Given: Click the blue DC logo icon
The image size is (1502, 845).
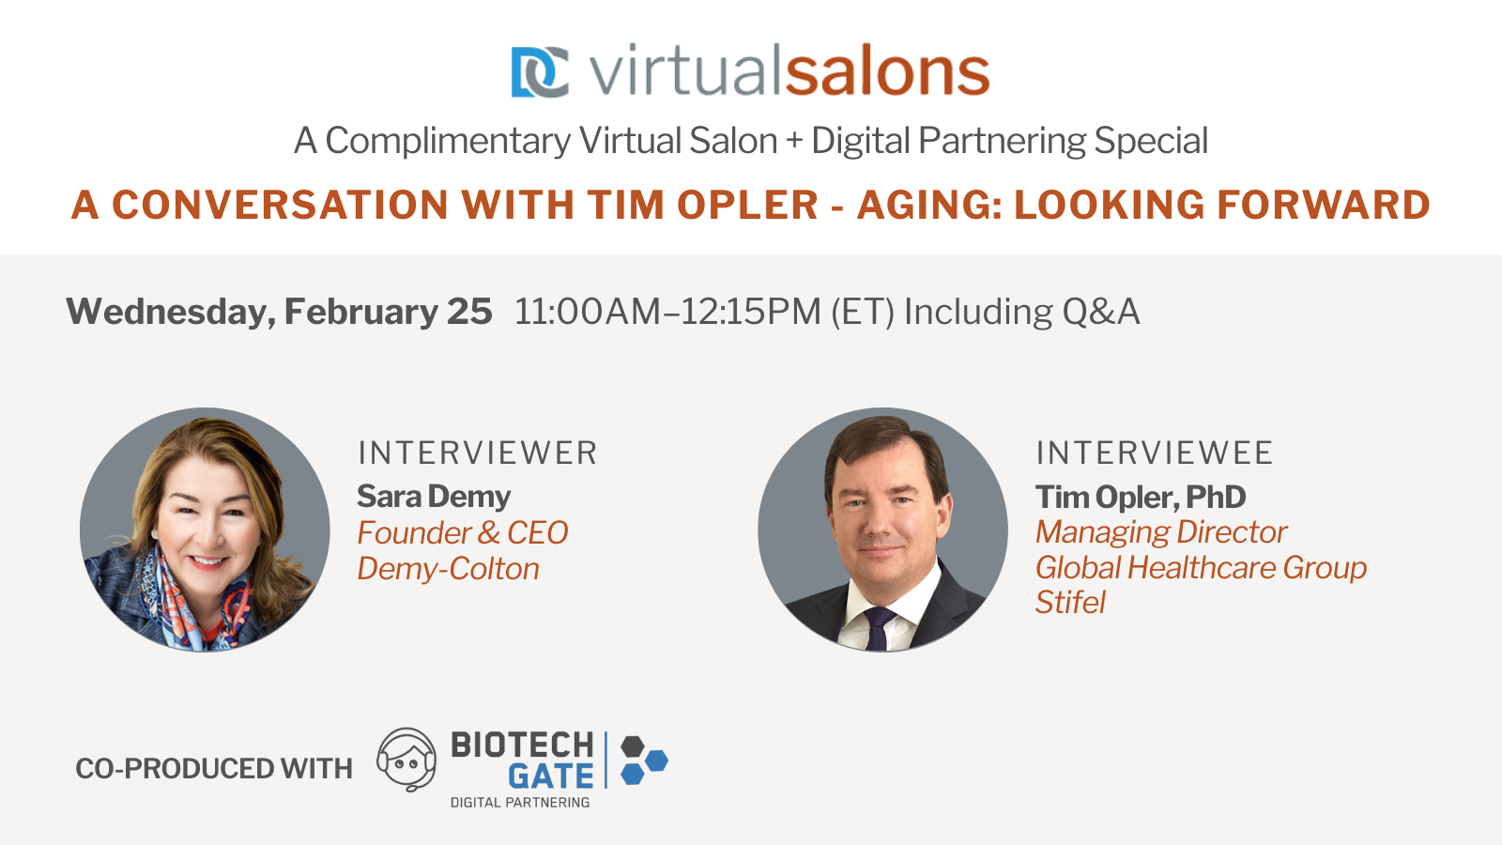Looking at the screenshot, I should point(539,72).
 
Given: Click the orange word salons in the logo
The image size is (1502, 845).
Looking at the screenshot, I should point(886,72).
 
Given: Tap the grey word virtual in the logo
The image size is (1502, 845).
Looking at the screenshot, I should point(684,72).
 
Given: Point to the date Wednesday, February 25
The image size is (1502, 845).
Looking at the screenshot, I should point(279,312).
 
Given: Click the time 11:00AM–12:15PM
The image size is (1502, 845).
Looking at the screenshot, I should point(667,312).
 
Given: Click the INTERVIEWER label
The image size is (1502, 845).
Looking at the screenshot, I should point(477,453).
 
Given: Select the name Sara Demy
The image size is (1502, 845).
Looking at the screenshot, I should point(434,496).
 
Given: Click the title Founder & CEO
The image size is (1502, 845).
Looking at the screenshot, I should point(462,532).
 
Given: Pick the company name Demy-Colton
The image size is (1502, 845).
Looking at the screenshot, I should point(448,569).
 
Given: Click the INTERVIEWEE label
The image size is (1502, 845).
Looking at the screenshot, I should point(1154,453).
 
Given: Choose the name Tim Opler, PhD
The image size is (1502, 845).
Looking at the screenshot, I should point(1141,497).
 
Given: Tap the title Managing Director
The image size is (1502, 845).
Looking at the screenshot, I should point(1160,532).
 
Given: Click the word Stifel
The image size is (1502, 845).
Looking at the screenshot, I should point(1070,603).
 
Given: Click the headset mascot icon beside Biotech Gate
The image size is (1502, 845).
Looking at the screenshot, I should point(406,760).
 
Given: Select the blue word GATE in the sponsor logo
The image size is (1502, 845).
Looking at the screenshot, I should point(551,776).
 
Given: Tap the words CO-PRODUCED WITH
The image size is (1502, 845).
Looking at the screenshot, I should point(214,769).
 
